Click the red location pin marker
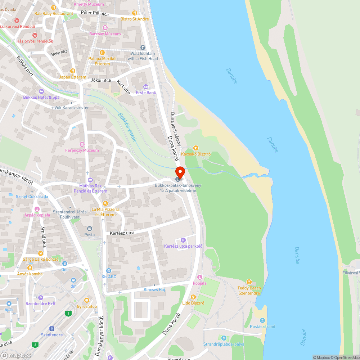click(x=180, y=172)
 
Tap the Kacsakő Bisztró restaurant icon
click(x=195, y=148)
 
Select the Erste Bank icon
click(x=146, y=86)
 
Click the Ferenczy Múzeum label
click(x=82, y=150)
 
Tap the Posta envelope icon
click(x=90, y=229)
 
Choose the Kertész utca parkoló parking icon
click(x=183, y=240)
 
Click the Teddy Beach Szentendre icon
click(x=249, y=282)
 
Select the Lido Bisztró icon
click(x=193, y=297)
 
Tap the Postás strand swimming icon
click(x=262, y=320)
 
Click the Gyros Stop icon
click(x=86, y=300)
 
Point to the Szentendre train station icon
click(x=52, y=329)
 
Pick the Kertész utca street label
click(x=122, y=233)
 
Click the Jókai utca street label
click(x=101, y=80)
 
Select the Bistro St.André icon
click(x=135, y=13)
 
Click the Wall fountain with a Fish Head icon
click(x=143, y=48)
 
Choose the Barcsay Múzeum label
click(x=105, y=34)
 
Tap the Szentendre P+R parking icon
click(x=41, y=298)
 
